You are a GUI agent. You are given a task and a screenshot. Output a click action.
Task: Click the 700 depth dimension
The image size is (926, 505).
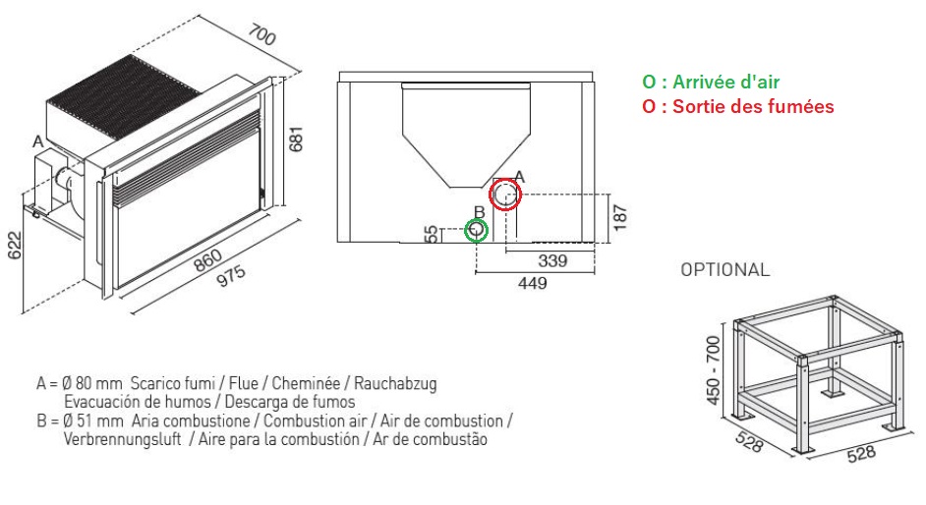click(261, 34)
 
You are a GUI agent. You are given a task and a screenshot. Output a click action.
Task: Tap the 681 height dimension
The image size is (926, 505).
click(296, 139)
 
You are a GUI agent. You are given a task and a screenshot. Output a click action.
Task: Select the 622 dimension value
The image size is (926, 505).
click(14, 246)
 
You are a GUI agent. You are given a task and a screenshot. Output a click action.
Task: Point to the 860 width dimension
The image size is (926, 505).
click(207, 260)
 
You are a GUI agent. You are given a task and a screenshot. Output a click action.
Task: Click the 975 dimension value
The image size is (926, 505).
click(232, 276)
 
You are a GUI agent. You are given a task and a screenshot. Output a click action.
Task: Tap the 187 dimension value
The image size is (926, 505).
click(619, 218)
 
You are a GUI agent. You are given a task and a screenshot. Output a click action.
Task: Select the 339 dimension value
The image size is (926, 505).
click(552, 260)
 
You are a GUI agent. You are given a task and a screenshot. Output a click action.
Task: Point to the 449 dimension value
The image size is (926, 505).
click(533, 283)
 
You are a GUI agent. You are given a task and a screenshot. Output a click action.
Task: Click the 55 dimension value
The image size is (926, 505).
click(432, 234)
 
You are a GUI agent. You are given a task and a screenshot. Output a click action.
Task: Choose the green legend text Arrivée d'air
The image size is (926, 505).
click(726, 82)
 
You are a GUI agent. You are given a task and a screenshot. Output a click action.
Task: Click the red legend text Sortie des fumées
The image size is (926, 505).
click(753, 106)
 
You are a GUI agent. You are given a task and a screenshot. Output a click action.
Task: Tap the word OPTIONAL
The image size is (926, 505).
click(725, 269)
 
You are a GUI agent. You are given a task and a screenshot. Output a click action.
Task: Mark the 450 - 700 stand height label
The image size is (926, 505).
click(714, 370)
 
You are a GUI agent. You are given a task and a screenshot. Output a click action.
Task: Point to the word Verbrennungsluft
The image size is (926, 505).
click(122, 439)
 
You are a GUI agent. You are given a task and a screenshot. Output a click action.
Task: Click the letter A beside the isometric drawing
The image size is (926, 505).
click(38, 142)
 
